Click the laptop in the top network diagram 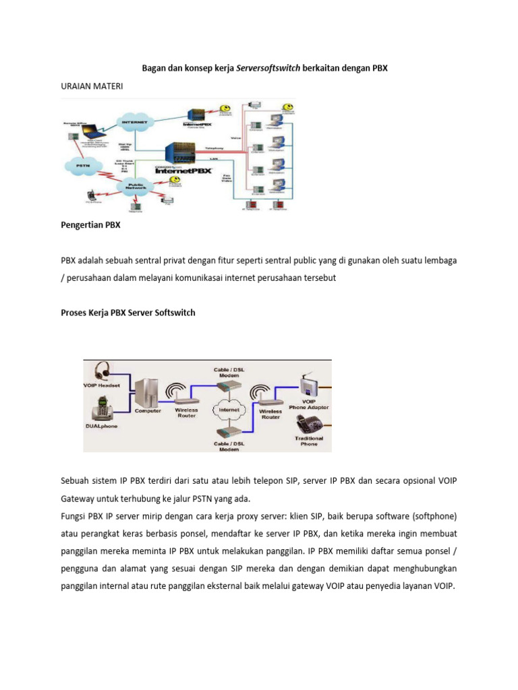coord(96,122)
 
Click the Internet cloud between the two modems coord(228,409)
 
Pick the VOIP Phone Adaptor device coord(310,385)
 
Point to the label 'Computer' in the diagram coord(148,411)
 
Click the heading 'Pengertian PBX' coord(90,225)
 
